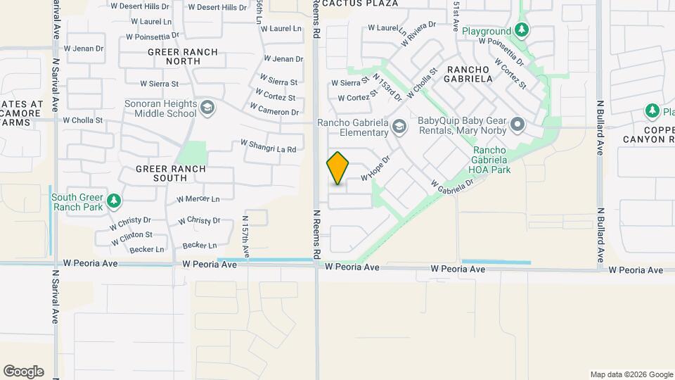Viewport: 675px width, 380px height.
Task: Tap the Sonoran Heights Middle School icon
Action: pos(207,108)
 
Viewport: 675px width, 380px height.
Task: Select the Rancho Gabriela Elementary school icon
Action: pos(399,127)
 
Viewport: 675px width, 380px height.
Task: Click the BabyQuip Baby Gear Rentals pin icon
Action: pos(518,125)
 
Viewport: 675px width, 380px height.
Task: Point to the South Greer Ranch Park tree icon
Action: pos(114,202)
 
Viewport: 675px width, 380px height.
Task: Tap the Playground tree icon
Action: pos(521,30)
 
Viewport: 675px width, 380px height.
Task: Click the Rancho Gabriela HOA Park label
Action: pos(501,160)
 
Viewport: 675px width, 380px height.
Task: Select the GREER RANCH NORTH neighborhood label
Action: pos(172,56)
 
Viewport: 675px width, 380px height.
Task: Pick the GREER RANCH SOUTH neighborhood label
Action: pos(171,173)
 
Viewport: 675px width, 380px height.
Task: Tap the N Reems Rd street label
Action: pos(317,232)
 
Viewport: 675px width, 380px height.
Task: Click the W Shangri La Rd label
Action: pos(268,145)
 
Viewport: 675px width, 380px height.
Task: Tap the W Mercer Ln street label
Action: pos(198,199)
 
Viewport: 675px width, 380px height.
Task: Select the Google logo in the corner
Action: pos(23,371)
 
